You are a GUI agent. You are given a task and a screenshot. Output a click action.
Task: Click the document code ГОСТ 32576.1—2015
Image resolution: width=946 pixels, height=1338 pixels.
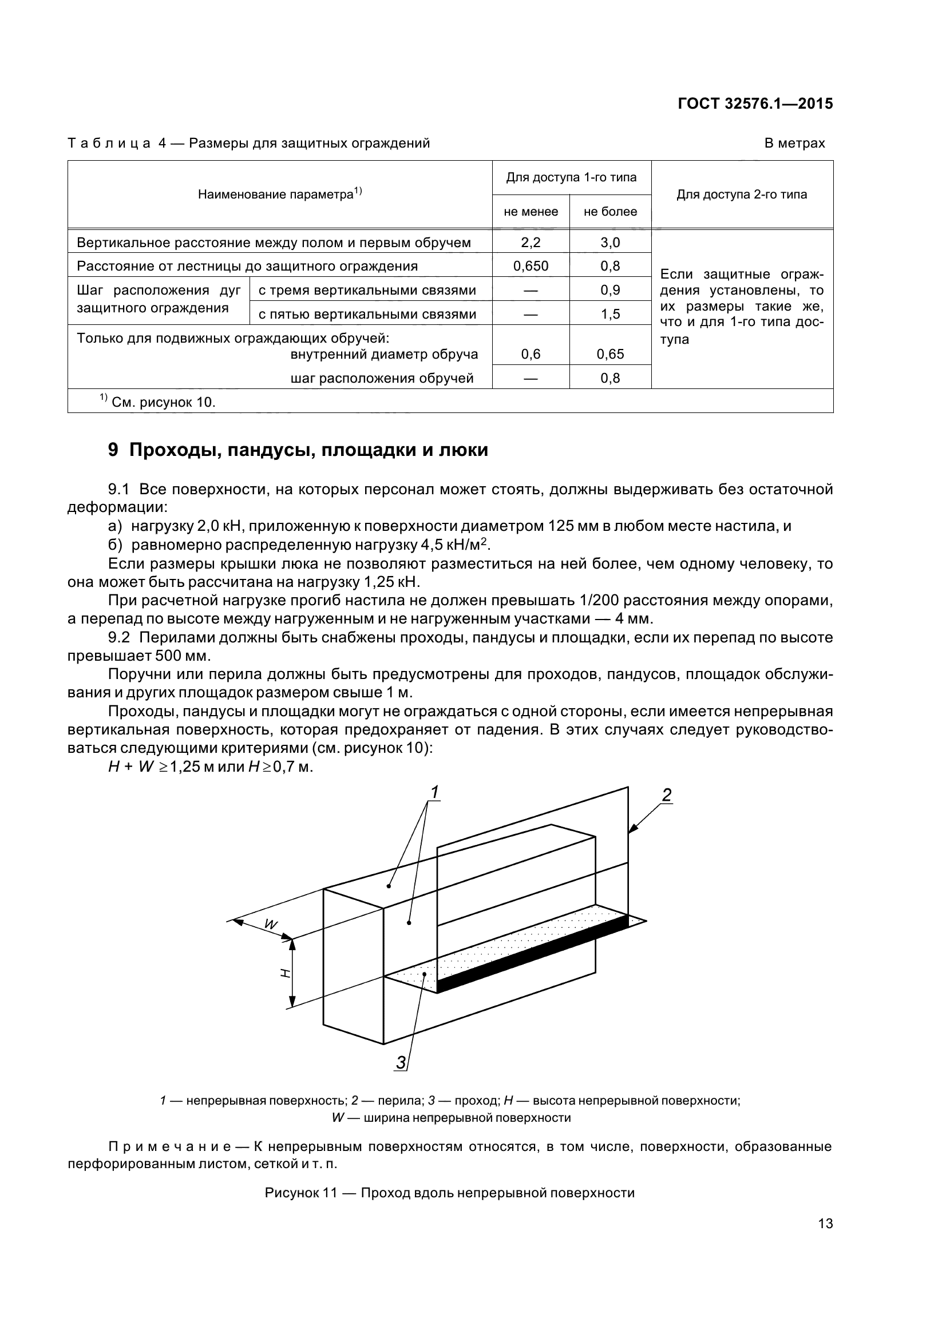click(755, 104)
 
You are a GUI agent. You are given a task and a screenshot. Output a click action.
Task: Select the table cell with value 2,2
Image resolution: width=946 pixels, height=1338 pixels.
click(531, 243)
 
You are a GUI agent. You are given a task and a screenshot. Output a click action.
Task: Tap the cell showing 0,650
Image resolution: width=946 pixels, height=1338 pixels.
click(531, 267)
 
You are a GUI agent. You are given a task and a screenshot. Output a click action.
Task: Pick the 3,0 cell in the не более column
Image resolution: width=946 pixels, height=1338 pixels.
click(609, 243)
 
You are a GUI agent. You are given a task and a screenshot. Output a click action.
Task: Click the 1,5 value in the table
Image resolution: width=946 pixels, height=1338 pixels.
click(609, 314)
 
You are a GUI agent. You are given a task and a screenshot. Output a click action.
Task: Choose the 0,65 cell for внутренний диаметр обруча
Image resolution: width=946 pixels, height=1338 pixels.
click(609, 354)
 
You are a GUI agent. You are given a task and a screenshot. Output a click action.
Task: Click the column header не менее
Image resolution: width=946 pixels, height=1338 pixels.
click(531, 212)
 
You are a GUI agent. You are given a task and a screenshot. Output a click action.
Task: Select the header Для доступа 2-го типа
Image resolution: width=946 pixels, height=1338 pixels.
click(742, 194)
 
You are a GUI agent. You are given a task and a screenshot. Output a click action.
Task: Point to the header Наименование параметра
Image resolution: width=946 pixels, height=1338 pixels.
click(280, 194)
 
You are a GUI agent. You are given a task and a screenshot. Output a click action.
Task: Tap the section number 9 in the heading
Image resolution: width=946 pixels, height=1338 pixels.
click(113, 450)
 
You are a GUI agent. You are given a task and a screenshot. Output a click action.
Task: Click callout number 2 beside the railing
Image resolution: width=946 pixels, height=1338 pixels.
click(667, 795)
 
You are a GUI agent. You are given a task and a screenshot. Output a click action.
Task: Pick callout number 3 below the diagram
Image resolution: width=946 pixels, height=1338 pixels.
click(401, 1062)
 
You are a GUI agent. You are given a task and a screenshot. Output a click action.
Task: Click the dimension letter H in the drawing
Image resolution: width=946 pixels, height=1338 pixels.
click(285, 972)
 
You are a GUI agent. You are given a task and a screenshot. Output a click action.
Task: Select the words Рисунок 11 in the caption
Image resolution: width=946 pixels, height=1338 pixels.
click(301, 1192)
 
